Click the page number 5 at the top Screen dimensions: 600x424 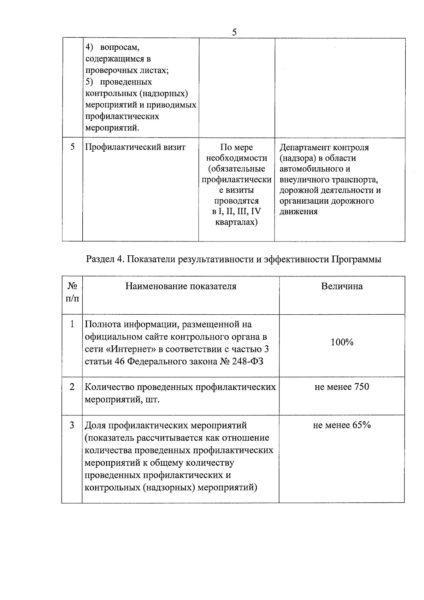point(234,33)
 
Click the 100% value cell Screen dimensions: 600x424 point(342,342)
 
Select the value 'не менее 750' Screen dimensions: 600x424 point(342,387)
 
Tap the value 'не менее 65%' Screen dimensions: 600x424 point(342,425)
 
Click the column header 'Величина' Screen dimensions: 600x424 point(342,286)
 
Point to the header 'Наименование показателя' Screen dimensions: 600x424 point(181,286)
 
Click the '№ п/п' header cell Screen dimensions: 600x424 point(72,292)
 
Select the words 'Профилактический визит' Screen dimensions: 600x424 point(135,147)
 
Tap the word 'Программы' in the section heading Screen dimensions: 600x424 point(357,260)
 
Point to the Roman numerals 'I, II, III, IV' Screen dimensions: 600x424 point(240,211)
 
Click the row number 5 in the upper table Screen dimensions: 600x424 point(72,147)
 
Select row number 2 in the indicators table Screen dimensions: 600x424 point(72,387)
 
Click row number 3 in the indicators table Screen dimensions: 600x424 point(72,425)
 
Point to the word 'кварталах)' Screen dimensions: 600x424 point(236,222)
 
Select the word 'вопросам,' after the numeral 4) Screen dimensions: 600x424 point(120,47)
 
